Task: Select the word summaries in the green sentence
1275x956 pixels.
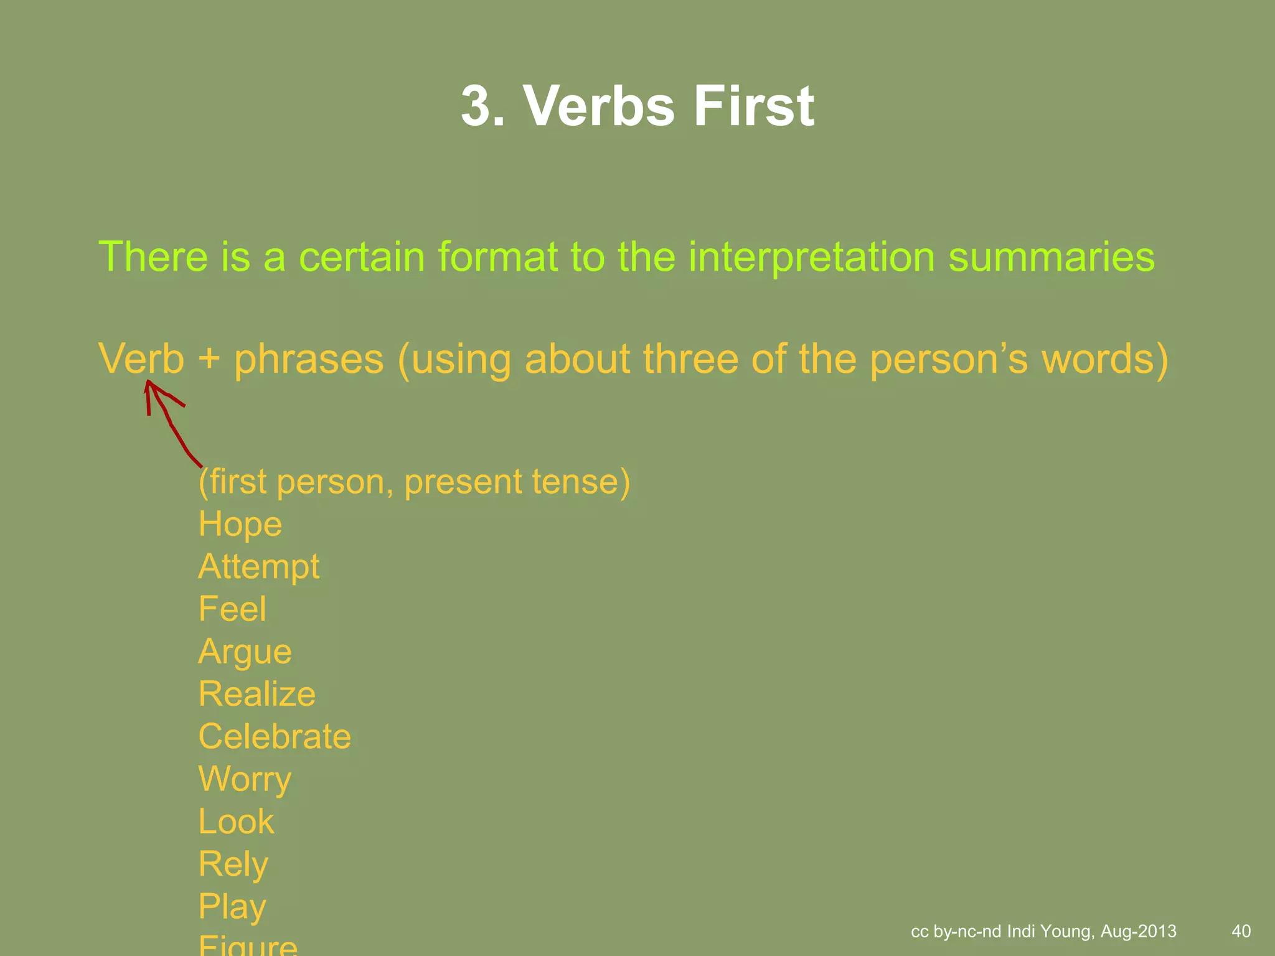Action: pos(1051,256)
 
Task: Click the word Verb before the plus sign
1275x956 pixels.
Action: pos(141,359)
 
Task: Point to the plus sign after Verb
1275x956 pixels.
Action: pos(209,360)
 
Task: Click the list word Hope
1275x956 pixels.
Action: pos(240,524)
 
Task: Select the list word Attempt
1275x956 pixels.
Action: pos(259,567)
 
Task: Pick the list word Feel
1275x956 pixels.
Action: pos(232,609)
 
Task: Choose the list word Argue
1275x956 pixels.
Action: pos(245,652)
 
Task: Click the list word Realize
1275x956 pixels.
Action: pos(256,694)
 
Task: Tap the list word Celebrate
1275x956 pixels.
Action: pos(275,736)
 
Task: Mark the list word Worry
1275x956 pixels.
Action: pos(245,779)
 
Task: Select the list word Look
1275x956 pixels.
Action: pos(236,822)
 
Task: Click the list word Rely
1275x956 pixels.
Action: pos(233,864)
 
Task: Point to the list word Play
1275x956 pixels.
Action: pos(232,907)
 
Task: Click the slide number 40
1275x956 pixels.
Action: pos(1241,931)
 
